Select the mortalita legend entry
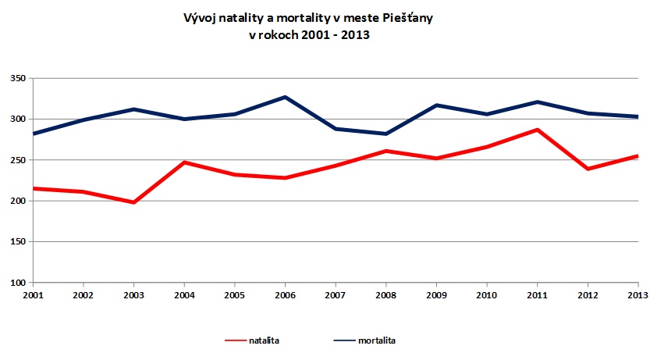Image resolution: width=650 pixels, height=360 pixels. (382, 340)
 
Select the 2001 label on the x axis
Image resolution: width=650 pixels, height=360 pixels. (34, 294)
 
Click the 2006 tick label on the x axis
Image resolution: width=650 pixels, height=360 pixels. (286, 294)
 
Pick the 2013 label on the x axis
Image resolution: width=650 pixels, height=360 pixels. (638, 294)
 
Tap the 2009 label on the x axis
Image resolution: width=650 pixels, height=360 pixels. (437, 294)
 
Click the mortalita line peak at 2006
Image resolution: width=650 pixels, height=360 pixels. (286, 97)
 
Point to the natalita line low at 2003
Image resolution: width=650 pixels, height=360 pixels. (134, 202)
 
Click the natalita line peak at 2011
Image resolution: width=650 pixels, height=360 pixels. (538, 130)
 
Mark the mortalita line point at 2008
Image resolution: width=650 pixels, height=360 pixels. (386, 134)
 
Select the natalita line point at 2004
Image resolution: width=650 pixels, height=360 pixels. (185, 162)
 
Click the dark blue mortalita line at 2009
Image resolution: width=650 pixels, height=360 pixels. (437, 105)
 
